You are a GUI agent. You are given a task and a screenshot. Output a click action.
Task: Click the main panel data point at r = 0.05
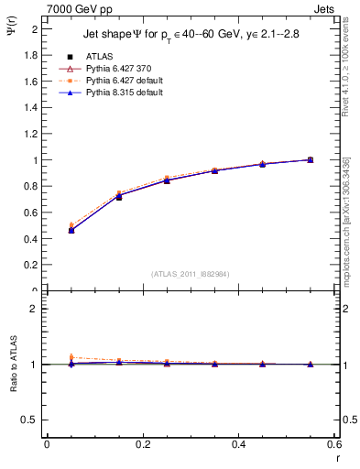click(71, 230)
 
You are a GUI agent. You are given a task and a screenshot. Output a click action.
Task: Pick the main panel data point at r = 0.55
click(310, 159)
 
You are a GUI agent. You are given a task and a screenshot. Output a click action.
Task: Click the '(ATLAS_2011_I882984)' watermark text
click(190, 273)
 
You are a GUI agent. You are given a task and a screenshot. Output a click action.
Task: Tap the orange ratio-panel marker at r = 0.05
click(71, 357)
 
